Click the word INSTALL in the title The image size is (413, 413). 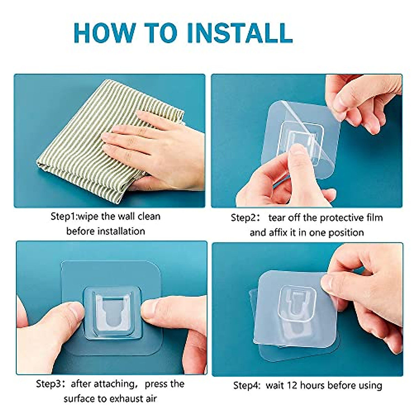pos(240,33)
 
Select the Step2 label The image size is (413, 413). pos(244,218)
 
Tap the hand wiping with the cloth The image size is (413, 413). pos(155,145)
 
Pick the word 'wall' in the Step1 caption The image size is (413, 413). pos(126,216)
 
